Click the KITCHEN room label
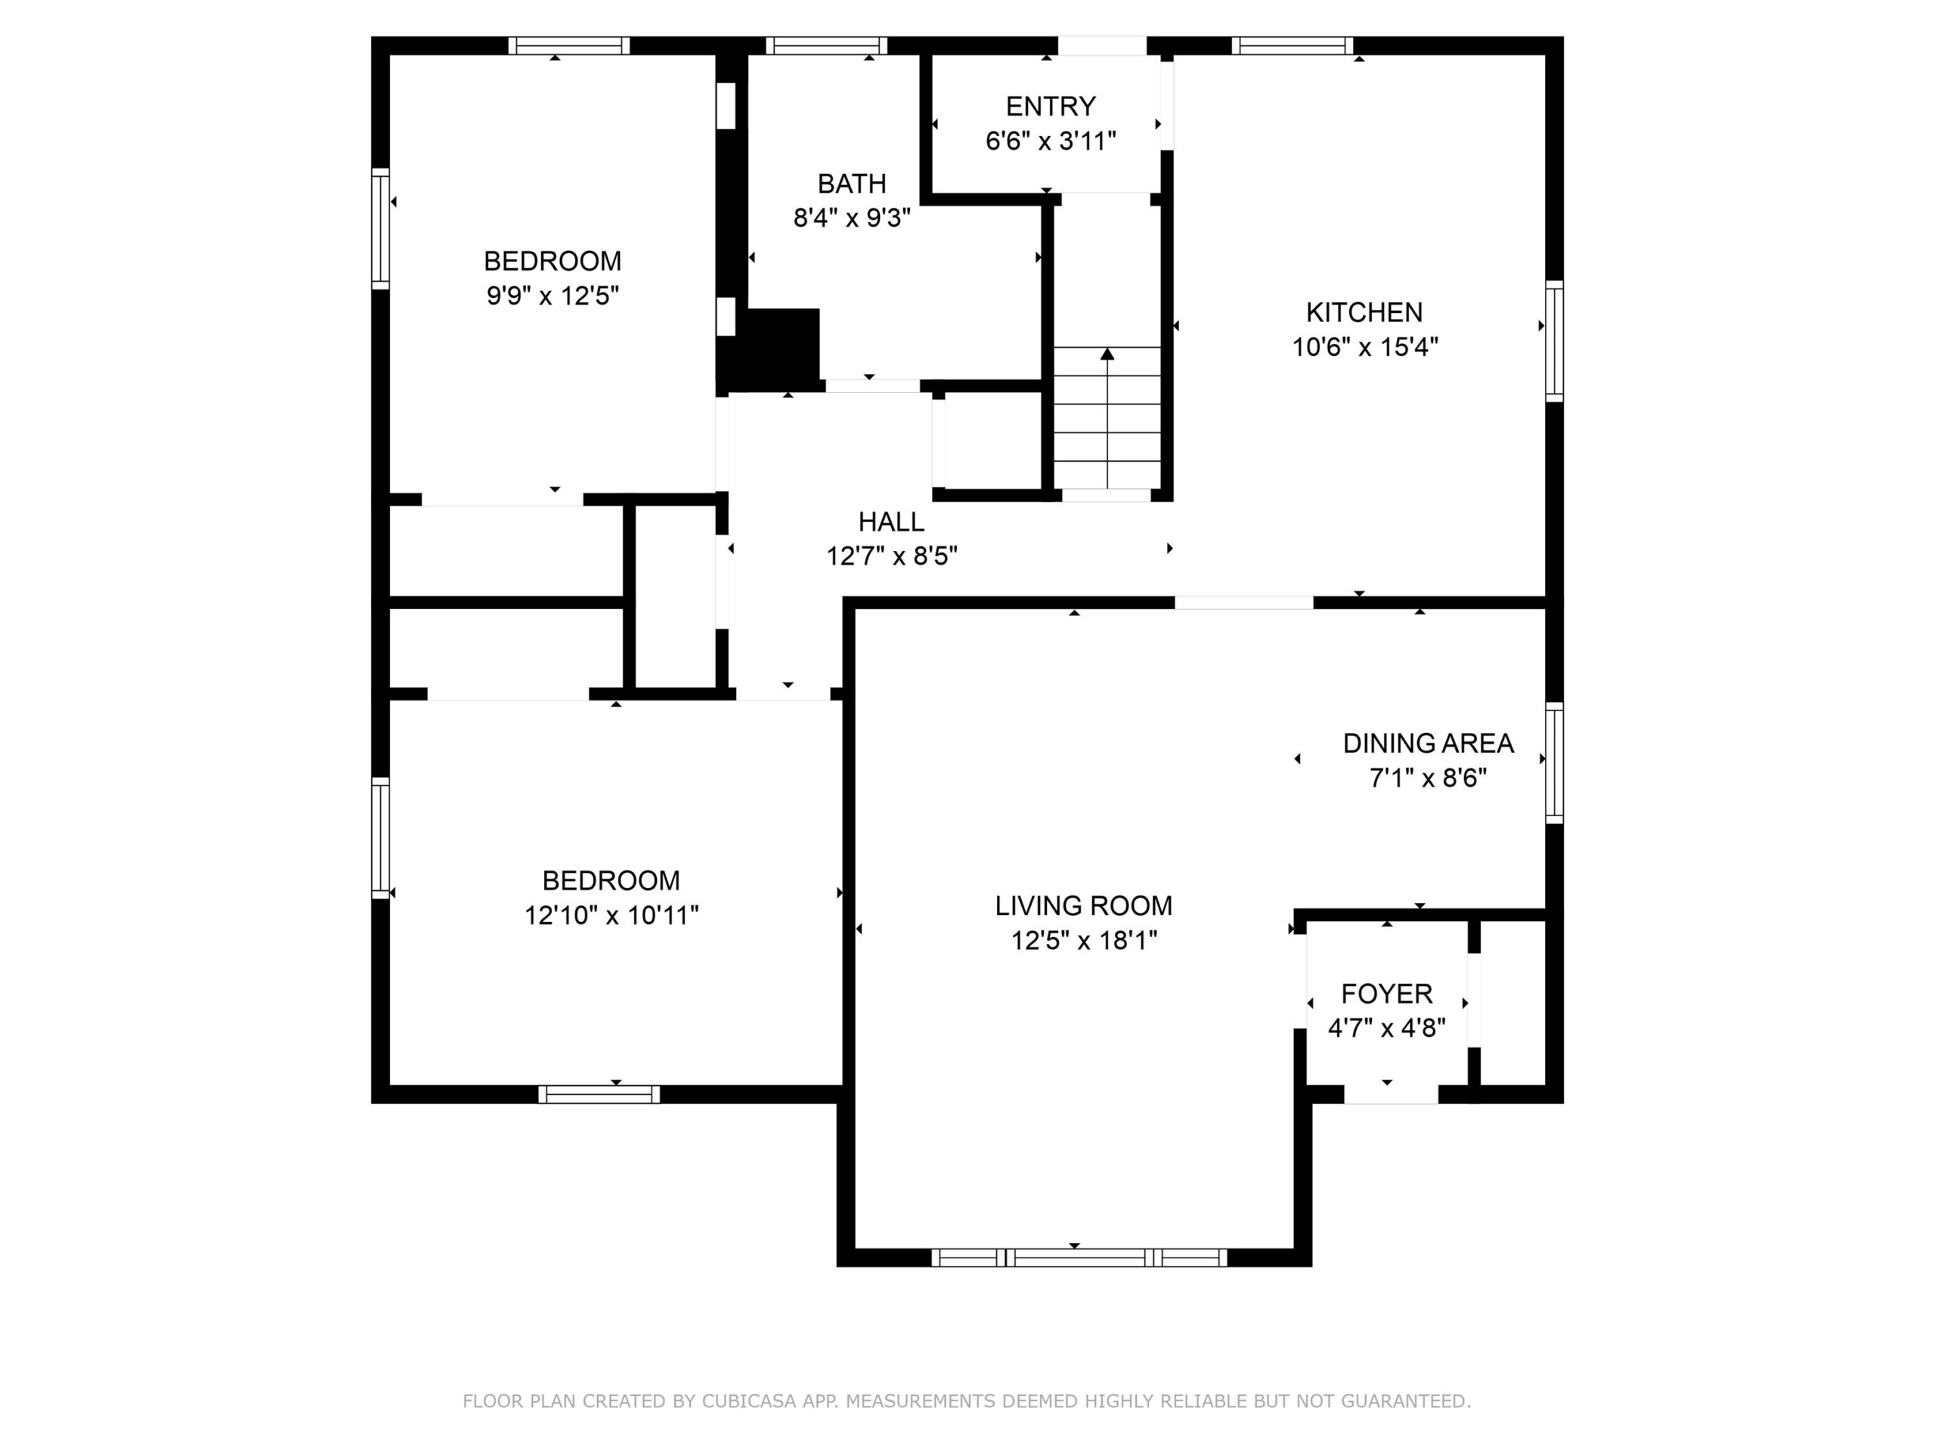pyautogui.click(x=1364, y=312)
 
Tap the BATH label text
pyautogui.click(x=851, y=184)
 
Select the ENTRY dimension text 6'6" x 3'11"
pyautogui.click(x=1051, y=141)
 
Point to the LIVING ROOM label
pyautogui.click(x=1083, y=905)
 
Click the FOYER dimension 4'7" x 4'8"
pyautogui.click(x=1386, y=1028)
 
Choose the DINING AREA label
pyautogui.click(x=1428, y=744)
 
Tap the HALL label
pyautogui.click(x=890, y=522)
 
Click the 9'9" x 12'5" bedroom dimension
pyautogui.click(x=552, y=295)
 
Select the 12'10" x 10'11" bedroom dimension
pyautogui.click(x=611, y=915)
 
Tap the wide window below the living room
pyautogui.click(x=1079, y=1258)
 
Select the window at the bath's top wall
pyautogui.click(x=827, y=45)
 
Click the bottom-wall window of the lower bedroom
pyautogui.click(x=599, y=1094)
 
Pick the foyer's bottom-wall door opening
pyautogui.click(x=1391, y=1094)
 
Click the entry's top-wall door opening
pyautogui.click(x=1102, y=45)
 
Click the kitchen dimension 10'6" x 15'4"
pyautogui.click(x=1364, y=347)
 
